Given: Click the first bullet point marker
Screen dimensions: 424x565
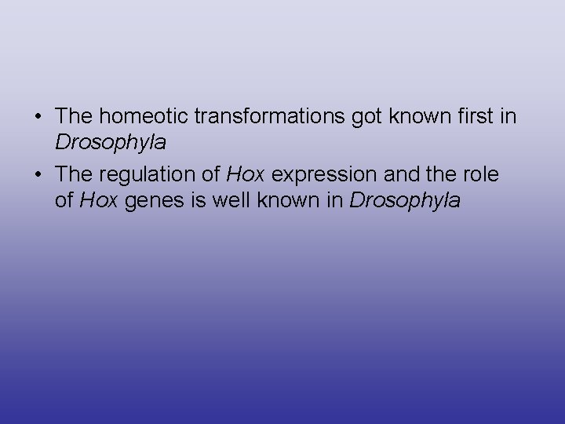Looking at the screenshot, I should pyautogui.click(x=39, y=116).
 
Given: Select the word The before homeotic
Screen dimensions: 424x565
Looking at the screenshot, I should pyautogui.click(x=75, y=116).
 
